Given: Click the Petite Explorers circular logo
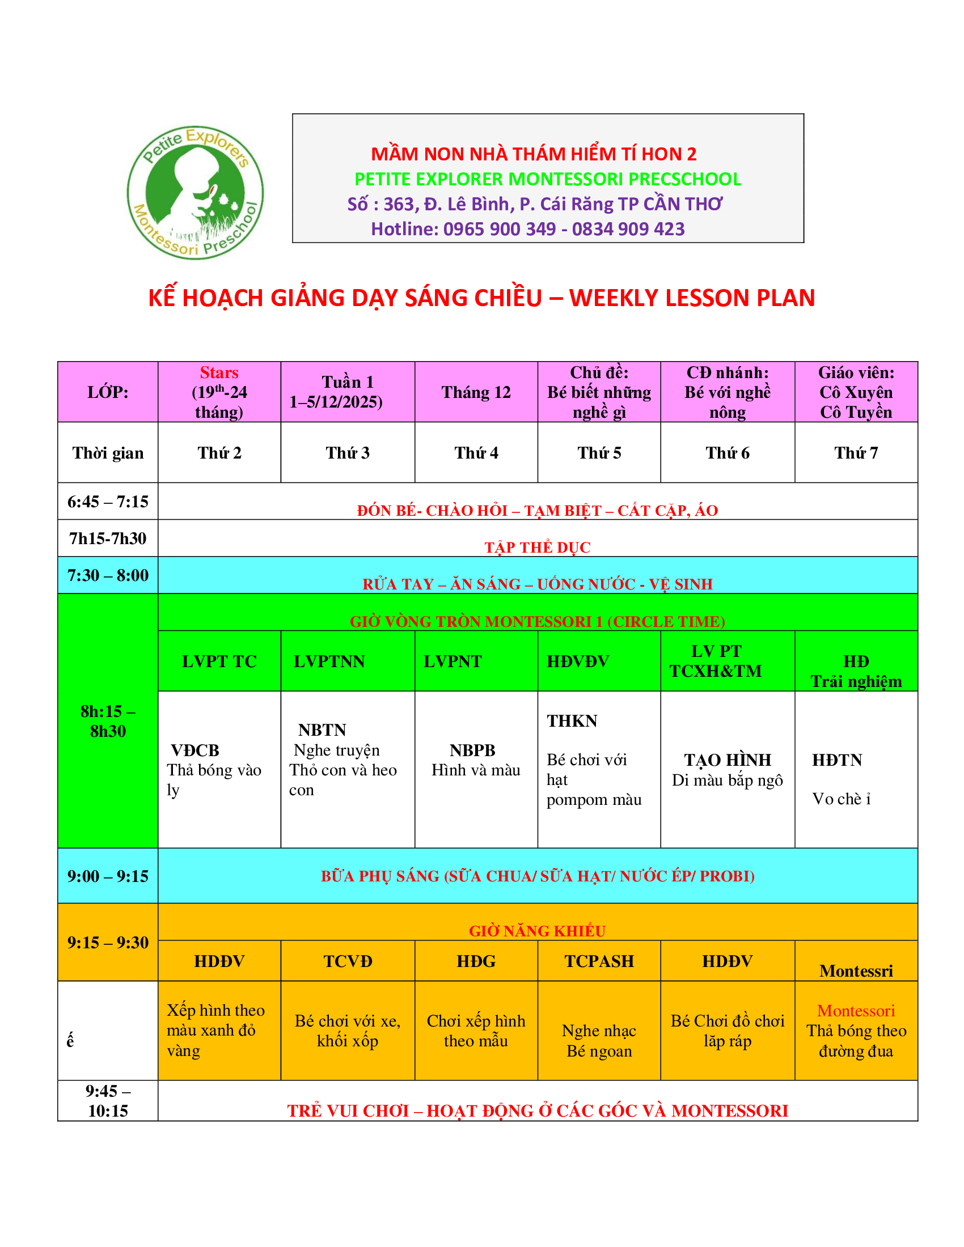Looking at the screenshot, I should pos(195,192).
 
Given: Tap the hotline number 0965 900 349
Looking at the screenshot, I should pos(499,229).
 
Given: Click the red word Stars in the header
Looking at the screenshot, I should pos(219,373).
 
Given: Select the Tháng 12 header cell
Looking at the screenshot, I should pos(476,392).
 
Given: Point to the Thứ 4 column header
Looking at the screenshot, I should pos(476,453).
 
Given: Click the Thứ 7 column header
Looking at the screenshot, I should pos(856,453).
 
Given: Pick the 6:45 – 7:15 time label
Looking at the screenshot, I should pos(107,501).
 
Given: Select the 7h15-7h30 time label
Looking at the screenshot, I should pos(107,538).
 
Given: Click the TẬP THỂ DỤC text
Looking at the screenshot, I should pos(538,547).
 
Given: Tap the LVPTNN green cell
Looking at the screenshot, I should pos(329,661).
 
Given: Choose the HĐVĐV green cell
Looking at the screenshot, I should pos(577,661).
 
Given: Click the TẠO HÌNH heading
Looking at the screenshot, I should pos(727,760).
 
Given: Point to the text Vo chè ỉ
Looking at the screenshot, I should pos(840,799).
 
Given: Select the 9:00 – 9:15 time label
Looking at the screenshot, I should pos(107,876).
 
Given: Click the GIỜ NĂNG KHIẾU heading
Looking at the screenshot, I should pos(537,931).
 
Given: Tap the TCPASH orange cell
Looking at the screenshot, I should pos(598,961).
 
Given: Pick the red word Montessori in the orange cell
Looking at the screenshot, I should pos(856,1011).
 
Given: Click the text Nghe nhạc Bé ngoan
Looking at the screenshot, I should pos(598,1040).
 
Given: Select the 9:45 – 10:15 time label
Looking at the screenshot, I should pos(107,1101).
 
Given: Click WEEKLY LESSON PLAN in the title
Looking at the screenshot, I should pos(692,298).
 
